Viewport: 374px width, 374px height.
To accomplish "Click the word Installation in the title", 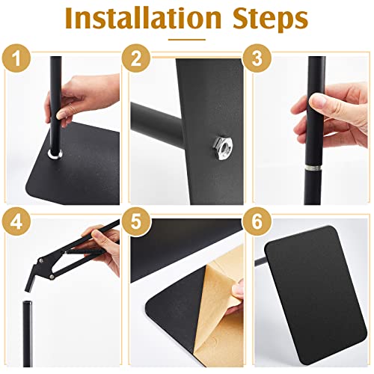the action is tap(143, 19).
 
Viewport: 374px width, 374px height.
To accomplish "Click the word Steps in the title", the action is tap(271, 20).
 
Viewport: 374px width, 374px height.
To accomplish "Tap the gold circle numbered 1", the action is tap(16, 58).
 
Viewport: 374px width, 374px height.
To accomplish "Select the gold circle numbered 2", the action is tap(136, 58).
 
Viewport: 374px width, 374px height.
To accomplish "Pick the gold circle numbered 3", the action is tap(257, 58).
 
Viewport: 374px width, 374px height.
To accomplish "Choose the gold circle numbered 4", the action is tap(16, 221).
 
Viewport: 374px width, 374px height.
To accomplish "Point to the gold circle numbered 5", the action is tap(136, 221).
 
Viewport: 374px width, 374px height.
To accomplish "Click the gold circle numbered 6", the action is tap(257, 221).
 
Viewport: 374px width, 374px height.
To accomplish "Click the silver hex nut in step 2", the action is tap(223, 148).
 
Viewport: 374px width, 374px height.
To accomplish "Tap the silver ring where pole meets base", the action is tap(55, 154).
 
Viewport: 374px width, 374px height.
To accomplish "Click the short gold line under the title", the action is tap(187, 40).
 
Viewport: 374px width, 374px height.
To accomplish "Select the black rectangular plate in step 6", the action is tap(316, 295).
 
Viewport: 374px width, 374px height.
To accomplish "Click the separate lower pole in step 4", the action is tap(28, 334).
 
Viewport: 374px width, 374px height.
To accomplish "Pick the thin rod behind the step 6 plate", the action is tap(260, 261).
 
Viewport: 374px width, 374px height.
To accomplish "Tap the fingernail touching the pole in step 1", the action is tap(61, 115).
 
